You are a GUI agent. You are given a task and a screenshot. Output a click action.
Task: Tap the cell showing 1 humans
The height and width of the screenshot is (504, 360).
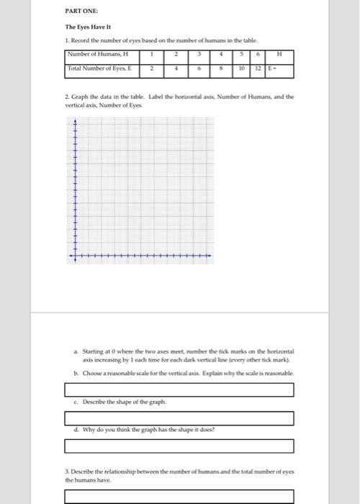[x=152, y=54]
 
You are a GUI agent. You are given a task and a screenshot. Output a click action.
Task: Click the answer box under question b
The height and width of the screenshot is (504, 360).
[x=179, y=390]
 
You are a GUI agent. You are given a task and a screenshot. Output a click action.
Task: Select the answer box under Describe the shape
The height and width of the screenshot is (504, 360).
[x=179, y=418]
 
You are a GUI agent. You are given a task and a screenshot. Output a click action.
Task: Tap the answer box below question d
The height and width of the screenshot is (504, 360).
[x=179, y=446]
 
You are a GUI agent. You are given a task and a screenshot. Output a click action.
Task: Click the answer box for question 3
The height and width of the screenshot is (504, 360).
[x=179, y=496]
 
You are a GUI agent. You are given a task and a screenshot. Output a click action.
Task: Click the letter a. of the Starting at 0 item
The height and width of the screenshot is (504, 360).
[x=76, y=351]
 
